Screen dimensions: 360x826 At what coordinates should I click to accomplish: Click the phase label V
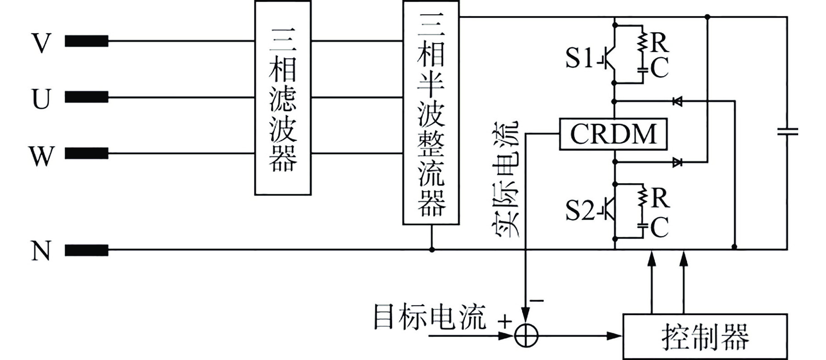click(x=41, y=43)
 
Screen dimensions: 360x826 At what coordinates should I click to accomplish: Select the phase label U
click(x=41, y=99)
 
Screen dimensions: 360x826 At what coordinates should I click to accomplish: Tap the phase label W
click(x=41, y=156)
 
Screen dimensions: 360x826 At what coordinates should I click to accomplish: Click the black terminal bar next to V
click(x=86, y=41)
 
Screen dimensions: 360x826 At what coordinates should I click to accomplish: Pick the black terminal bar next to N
click(x=86, y=250)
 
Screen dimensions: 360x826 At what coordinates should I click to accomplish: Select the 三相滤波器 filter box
click(x=283, y=98)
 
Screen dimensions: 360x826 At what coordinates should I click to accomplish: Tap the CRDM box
click(x=613, y=134)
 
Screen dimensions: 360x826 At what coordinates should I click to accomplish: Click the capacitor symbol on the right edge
click(x=787, y=132)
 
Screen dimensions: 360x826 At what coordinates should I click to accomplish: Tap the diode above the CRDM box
click(x=677, y=102)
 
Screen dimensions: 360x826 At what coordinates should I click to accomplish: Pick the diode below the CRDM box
click(x=677, y=162)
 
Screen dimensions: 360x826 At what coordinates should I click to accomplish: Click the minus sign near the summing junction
click(x=537, y=300)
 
